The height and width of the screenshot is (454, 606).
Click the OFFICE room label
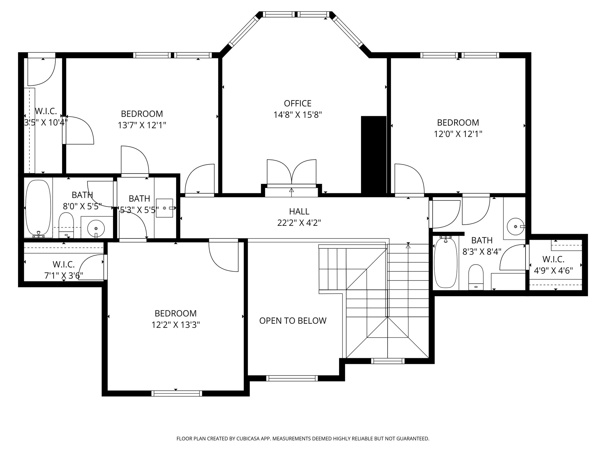(x=297, y=103)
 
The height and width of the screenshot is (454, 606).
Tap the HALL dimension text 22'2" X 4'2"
(x=299, y=223)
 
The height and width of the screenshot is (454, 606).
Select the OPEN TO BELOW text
(x=293, y=321)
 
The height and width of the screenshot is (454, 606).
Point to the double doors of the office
(x=291, y=173)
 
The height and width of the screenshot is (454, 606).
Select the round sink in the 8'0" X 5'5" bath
(x=96, y=228)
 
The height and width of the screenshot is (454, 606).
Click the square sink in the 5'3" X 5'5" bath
(x=165, y=208)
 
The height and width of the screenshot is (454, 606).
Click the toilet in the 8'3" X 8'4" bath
(x=476, y=277)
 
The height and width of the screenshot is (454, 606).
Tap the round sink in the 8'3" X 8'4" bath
(x=515, y=226)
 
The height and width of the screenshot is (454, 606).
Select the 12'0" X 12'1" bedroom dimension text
(x=458, y=134)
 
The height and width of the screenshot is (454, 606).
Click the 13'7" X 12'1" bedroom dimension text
(x=142, y=125)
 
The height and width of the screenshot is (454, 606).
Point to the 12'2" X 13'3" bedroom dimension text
(x=176, y=325)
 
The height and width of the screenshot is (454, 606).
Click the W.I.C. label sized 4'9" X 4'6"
(x=553, y=260)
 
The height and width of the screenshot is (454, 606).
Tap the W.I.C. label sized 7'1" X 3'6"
(x=64, y=264)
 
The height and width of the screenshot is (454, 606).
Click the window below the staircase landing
(x=387, y=361)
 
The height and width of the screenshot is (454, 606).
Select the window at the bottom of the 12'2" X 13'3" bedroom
(x=177, y=393)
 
